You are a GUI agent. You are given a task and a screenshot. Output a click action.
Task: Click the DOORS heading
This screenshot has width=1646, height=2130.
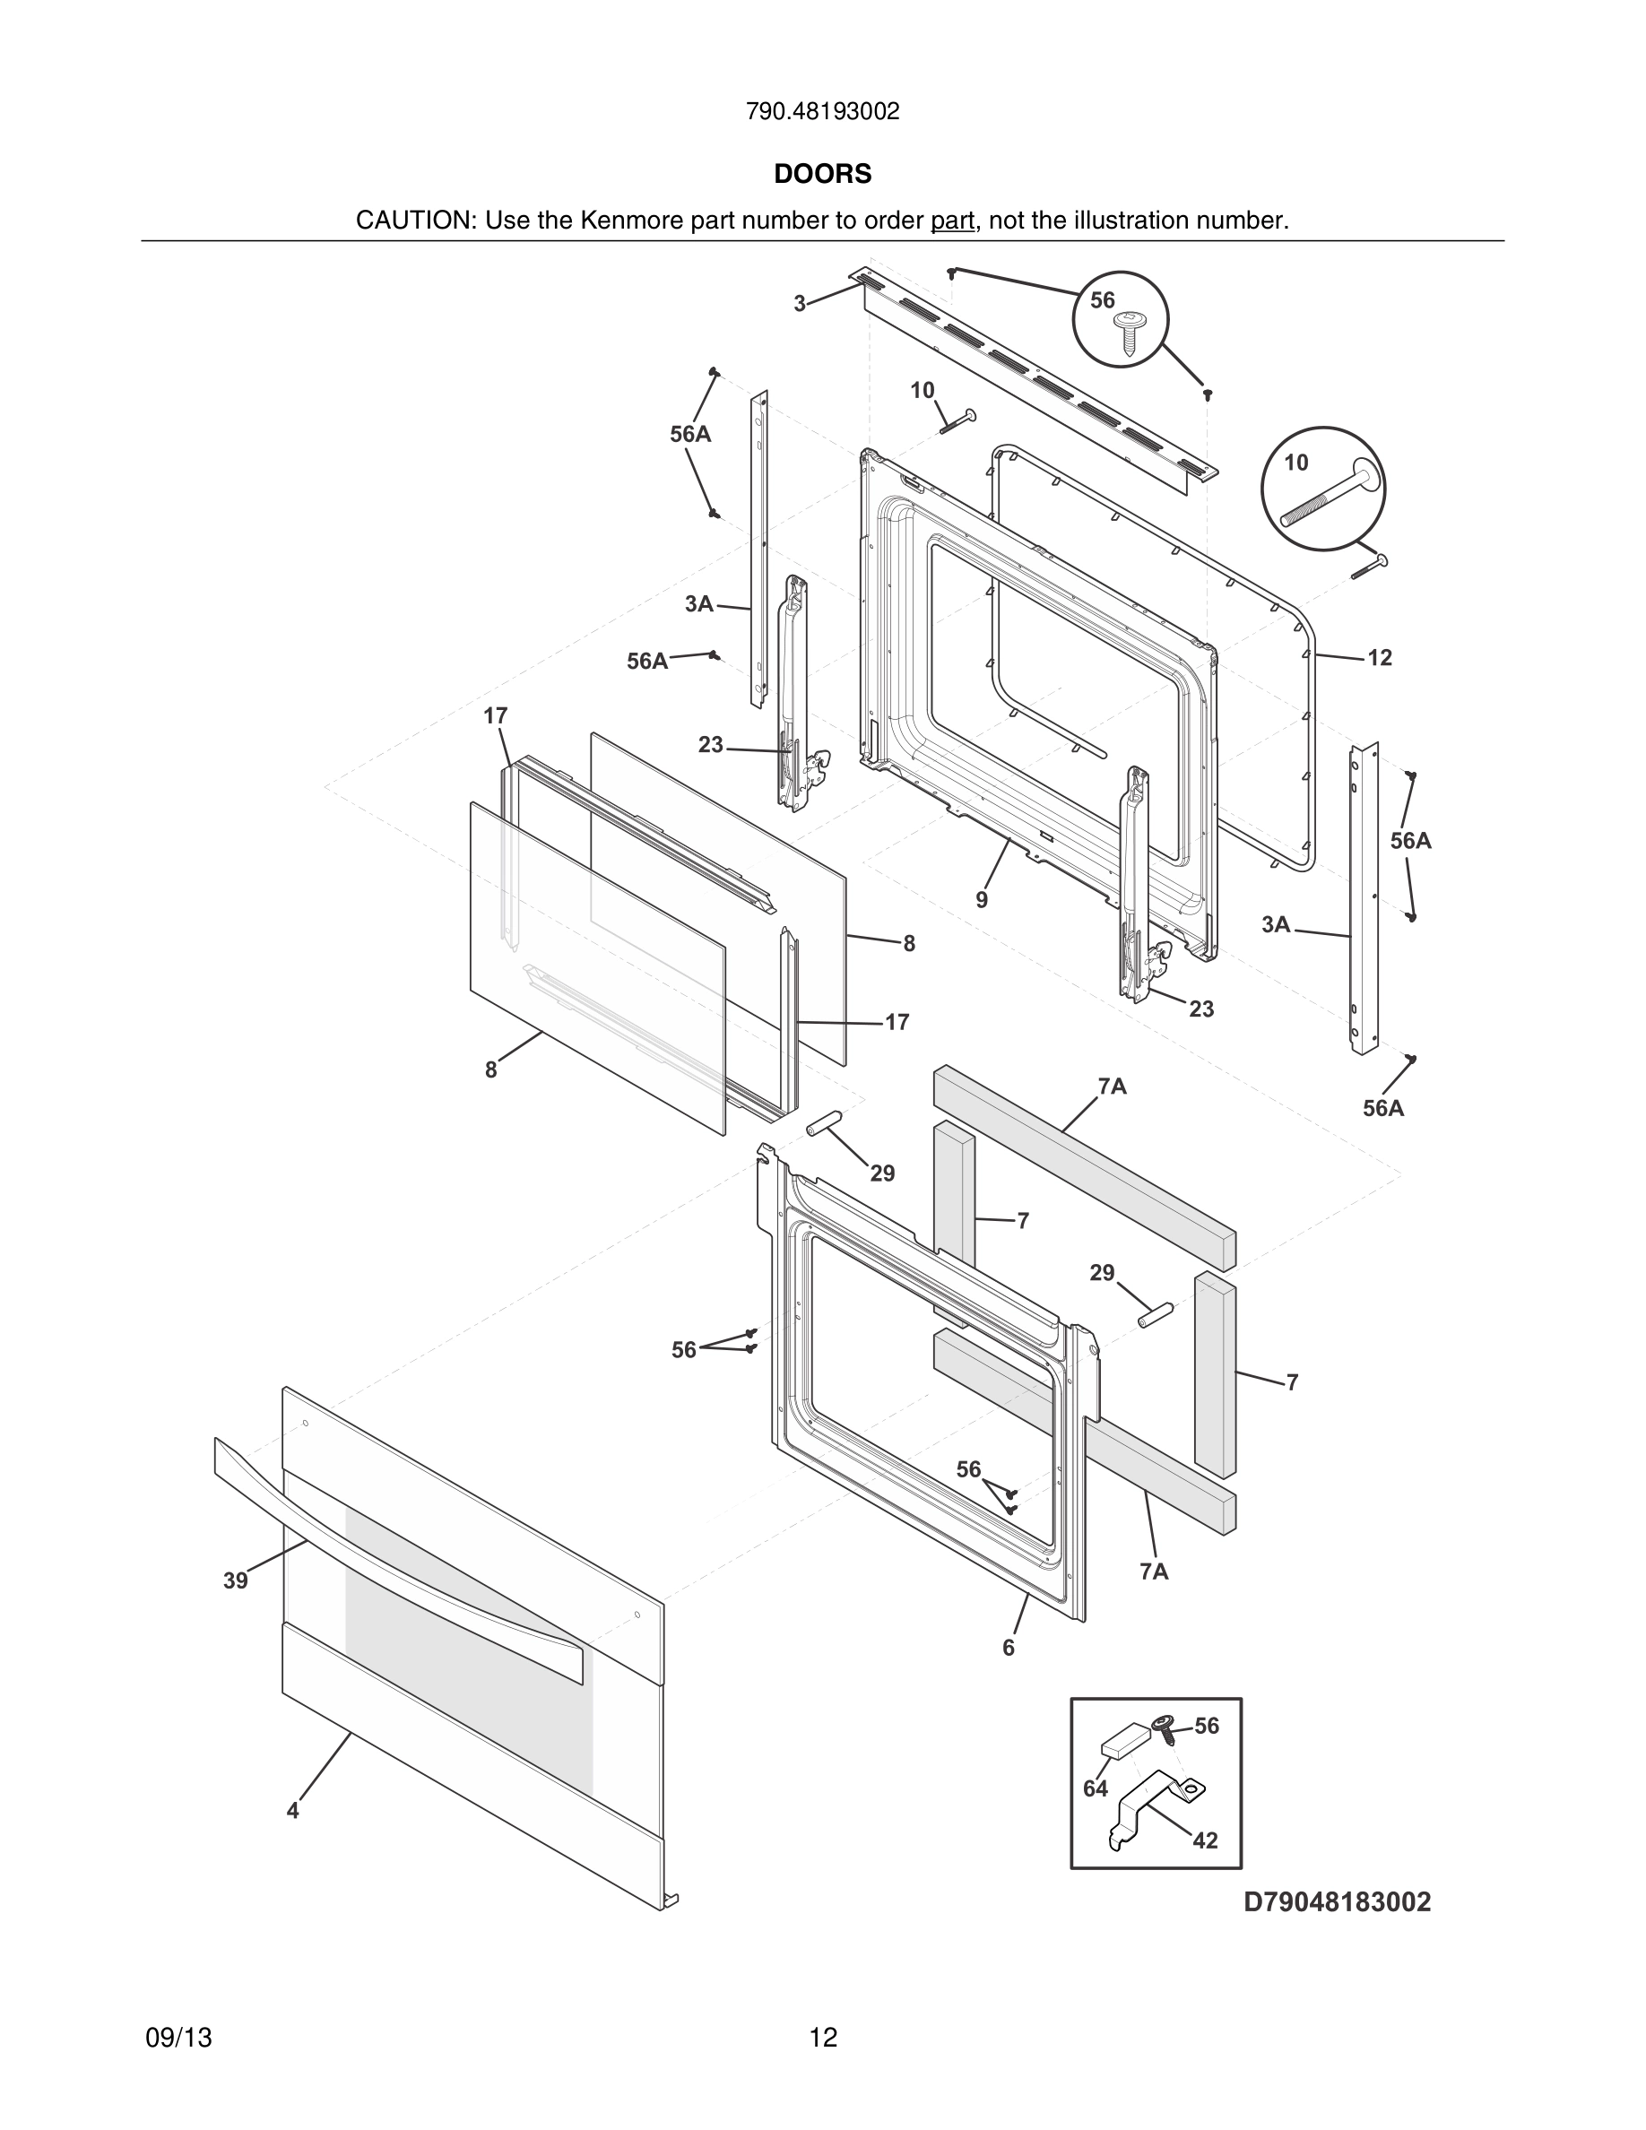pos(822,174)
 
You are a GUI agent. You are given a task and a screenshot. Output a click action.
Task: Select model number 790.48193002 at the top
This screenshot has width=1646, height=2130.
pos(822,112)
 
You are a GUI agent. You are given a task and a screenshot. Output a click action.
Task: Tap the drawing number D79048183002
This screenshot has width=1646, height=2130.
pos(1337,1901)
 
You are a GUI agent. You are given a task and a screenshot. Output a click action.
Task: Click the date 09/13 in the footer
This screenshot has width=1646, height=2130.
pos(178,2038)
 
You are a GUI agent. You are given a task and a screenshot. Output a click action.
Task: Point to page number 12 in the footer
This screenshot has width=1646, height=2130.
pos(823,2038)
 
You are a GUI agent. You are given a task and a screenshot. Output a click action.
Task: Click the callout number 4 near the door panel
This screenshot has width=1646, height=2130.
pos(292,1810)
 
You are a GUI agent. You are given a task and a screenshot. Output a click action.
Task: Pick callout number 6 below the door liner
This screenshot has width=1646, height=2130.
pos(1009,1647)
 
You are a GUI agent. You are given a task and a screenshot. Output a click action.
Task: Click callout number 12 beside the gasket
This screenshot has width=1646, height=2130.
pos(1380,658)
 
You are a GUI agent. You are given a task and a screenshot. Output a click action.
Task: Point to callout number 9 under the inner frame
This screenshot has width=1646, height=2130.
pos(982,900)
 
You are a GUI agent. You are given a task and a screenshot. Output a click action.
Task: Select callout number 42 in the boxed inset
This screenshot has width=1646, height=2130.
pos(1205,1840)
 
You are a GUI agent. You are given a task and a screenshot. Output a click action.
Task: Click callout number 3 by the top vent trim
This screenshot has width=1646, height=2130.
pos(800,304)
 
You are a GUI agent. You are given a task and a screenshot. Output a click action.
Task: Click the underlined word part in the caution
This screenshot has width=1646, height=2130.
pos(952,221)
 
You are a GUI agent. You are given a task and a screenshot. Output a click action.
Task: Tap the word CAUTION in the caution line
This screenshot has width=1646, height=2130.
pos(414,221)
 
